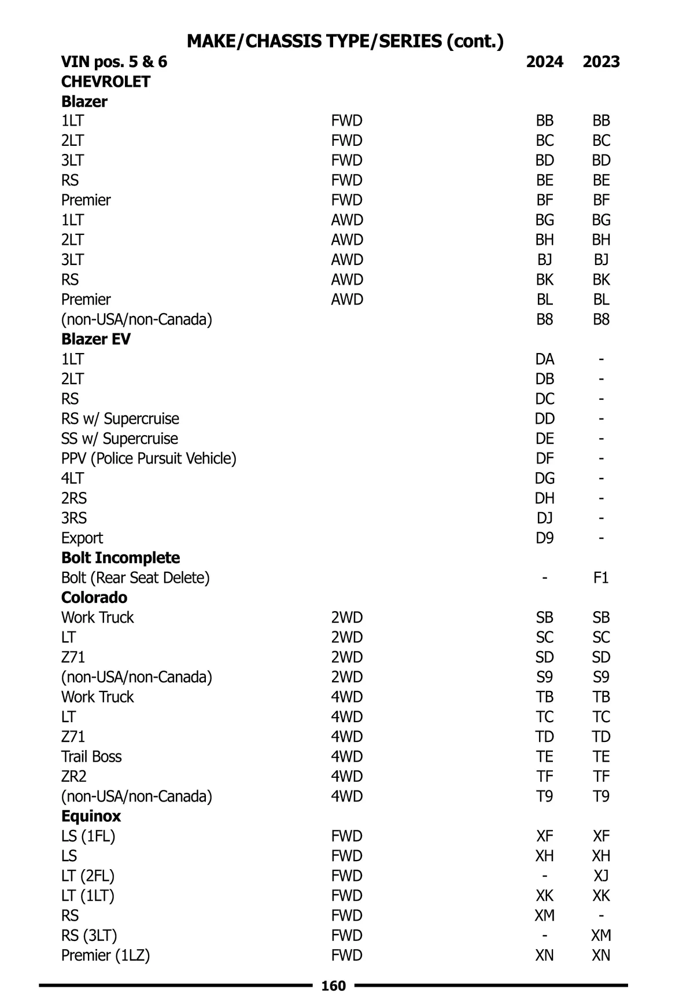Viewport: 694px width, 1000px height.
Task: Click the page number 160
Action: (333, 986)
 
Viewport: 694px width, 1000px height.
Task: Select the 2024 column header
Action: (544, 62)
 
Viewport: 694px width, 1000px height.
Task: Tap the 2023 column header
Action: (601, 62)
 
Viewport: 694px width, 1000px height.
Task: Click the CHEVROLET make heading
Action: (106, 82)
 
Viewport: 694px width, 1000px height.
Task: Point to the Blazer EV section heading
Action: (96, 339)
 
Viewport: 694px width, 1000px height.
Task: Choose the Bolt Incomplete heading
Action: (120, 558)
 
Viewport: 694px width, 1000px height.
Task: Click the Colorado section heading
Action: (94, 597)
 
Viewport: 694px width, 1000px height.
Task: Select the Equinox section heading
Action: (91, 816)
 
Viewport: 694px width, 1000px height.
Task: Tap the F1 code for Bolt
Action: (601, 578)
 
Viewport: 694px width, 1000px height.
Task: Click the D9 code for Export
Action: (544, 538)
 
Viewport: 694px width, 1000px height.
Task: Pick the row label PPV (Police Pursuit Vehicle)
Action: (149, 458)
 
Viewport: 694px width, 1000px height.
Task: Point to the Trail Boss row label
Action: (91, 756)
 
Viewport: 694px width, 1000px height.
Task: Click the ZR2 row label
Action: (74, 776)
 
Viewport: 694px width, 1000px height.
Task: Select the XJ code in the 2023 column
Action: (601, 876)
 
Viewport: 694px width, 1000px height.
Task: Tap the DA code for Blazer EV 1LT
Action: (544, 359)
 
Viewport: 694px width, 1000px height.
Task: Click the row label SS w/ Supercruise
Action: (120, 439)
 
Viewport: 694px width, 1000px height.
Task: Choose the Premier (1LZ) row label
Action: (105, 955)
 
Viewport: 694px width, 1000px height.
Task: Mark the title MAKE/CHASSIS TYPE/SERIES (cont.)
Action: (345, 41)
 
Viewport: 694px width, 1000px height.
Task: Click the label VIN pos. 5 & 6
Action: (114, 62)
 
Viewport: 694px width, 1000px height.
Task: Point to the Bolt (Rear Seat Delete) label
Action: (135, 578)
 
